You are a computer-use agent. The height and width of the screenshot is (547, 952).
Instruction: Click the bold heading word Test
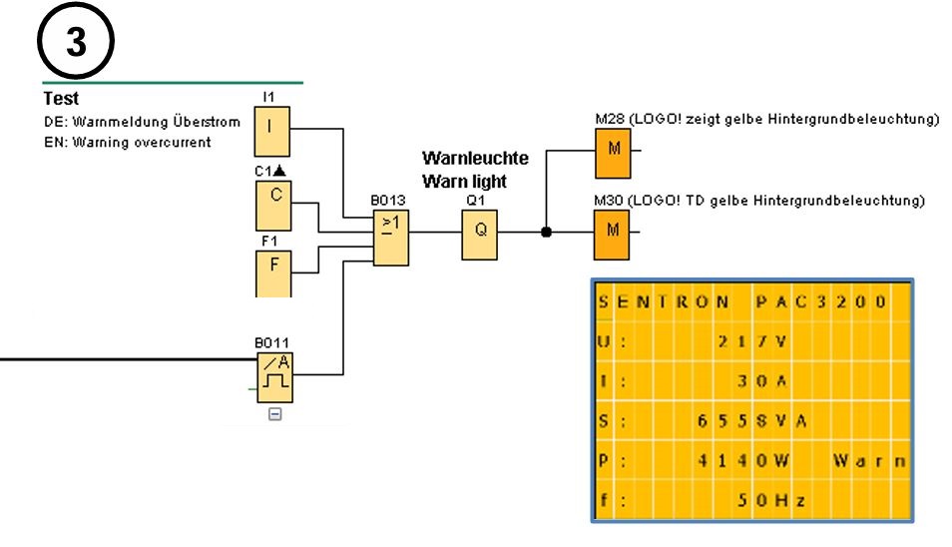click(61, 99)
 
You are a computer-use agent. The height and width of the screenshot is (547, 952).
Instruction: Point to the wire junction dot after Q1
click(546, 232)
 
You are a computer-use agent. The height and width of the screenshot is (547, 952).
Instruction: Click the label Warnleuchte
click(475, 158)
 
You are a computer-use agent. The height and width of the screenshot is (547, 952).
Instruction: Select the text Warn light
click(465, 181)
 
